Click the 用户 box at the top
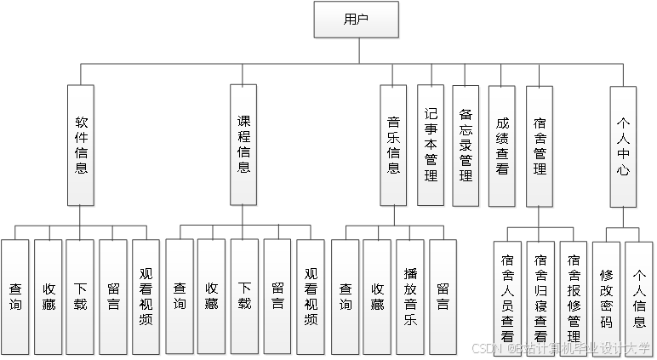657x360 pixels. (357, 20)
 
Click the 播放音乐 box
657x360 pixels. (410, 297)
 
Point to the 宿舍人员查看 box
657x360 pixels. (507, 297)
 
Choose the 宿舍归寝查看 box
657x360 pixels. (540, 297)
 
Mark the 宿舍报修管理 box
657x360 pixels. (574, 297)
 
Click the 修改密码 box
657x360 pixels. (606, 297)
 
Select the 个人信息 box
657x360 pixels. (639, 297)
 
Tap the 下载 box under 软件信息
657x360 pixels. (80, 297)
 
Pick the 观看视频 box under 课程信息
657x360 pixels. (311, 297)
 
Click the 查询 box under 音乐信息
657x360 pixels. (346, 297)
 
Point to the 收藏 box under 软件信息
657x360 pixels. (49, 297)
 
